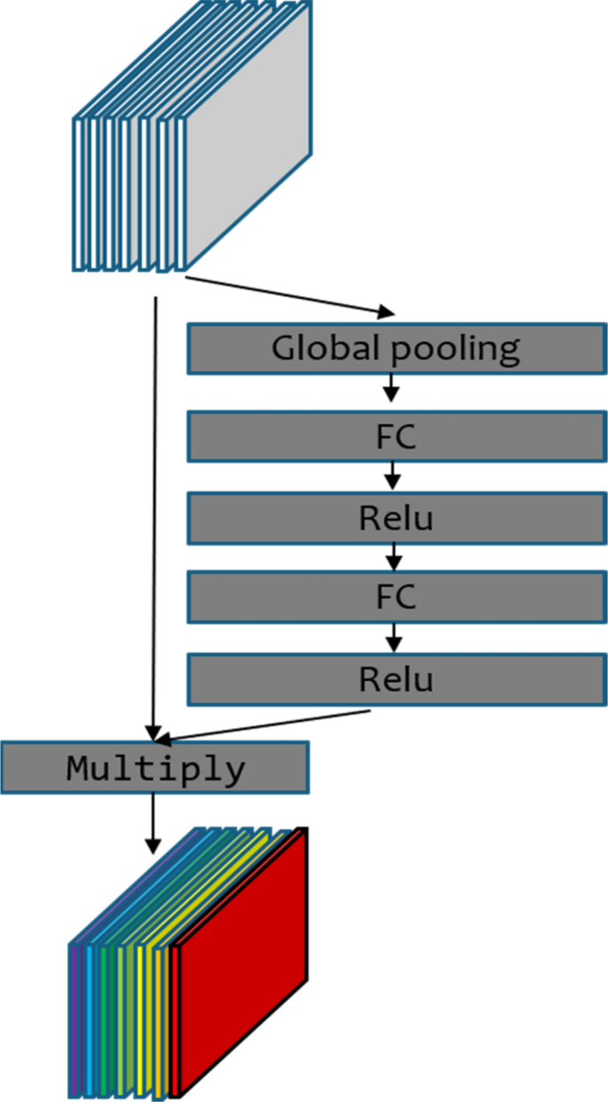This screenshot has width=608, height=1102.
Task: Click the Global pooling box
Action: (x=396, y=349)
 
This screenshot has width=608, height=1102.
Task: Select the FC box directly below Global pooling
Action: (x=396, y=436)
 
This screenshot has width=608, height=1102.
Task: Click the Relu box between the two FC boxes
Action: (x=396, y=518)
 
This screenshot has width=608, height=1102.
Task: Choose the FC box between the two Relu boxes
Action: (x=396, y=599)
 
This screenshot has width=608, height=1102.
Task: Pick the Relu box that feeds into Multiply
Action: (x=396, y=679)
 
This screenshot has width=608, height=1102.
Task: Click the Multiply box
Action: (x=154, y=767)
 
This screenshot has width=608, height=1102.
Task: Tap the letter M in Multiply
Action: (x=79, y=767)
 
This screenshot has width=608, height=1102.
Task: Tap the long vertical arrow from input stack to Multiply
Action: (x=156, y=515)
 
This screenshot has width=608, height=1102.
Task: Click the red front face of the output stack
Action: (x=244, y=959)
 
